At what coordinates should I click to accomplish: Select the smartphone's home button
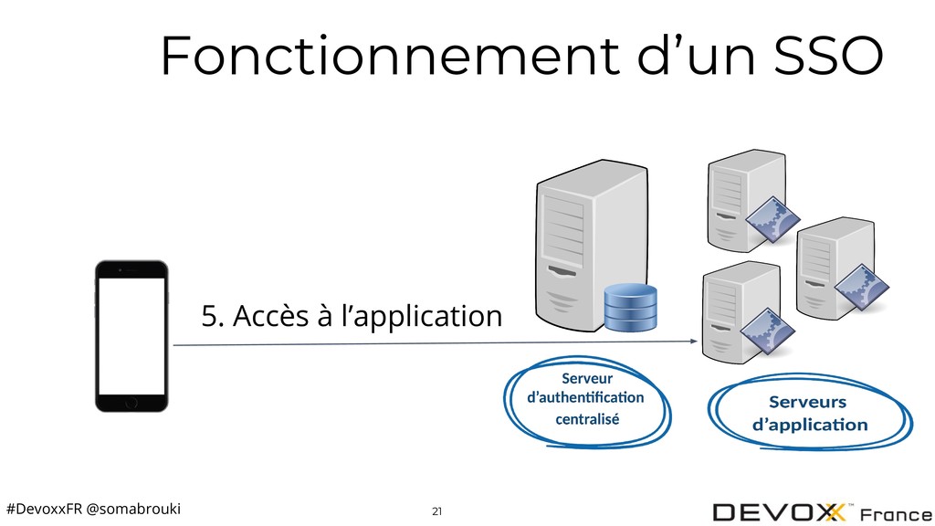click(131, 403)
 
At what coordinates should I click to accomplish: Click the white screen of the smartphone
click(131, 336)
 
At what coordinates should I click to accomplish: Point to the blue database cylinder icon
click(630, 307)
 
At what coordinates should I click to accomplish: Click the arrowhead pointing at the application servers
click(694, 342)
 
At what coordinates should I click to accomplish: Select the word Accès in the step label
click(270, 316)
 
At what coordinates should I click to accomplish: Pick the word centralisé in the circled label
click(587, 419)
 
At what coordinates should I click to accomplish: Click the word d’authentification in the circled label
click(585, 398)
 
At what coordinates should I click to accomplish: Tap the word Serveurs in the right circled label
click(807, 402)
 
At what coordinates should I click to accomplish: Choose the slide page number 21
click(437, 511)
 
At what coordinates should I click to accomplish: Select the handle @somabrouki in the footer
click(133, 509)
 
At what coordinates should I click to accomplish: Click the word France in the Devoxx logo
click(897, 514)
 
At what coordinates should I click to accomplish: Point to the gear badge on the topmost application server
click(772, 219)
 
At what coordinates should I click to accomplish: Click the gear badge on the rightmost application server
click(862, 287)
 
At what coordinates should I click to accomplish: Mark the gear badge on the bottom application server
click(768, 331)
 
